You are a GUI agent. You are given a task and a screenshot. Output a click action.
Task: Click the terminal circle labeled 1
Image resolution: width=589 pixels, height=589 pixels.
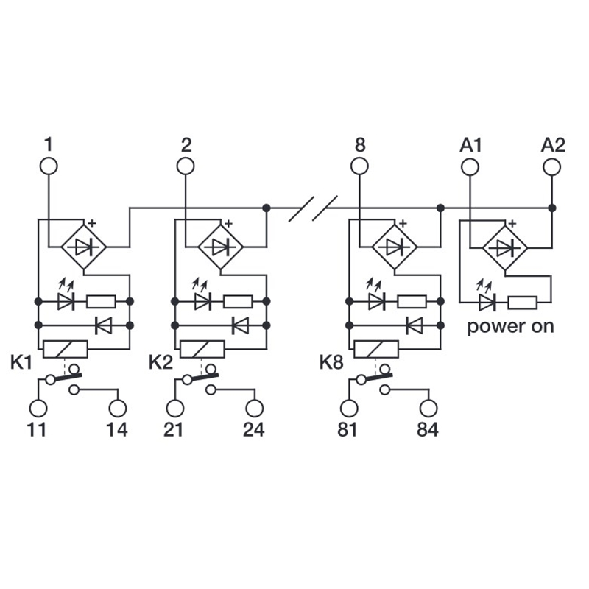(x=49, y=166)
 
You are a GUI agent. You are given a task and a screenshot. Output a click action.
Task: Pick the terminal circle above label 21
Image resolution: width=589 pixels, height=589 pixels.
(x=174, y=407)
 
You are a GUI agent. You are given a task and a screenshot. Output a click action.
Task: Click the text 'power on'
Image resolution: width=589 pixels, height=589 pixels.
(x=510, y=326)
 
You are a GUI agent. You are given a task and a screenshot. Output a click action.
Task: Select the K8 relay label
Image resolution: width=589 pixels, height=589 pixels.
(x=331, y=362)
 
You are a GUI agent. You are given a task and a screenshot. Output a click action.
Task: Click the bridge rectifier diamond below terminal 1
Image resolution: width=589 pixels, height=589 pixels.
(x=83, y=248)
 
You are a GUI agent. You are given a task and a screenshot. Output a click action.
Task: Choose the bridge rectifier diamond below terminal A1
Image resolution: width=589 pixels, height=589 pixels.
(x=504, y=248)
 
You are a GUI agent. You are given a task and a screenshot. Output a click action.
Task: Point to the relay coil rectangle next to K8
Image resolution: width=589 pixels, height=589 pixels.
(x=376, y=348)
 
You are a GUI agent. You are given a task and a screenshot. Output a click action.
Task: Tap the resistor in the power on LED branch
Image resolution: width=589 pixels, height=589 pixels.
(x=523, y=301)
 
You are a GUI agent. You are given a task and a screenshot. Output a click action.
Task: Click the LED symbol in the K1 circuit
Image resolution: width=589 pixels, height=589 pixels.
(x=65, y=301)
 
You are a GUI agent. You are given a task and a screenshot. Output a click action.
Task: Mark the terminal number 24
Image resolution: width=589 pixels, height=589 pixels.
(x=253, y=430)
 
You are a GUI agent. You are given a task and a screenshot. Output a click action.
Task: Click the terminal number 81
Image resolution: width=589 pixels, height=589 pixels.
(x=347, y=430)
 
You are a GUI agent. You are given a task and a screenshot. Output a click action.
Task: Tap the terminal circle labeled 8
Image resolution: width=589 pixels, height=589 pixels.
(x=359, y=166)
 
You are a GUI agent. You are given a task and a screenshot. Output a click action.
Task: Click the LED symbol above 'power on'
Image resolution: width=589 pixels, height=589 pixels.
(x=486, y=301)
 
